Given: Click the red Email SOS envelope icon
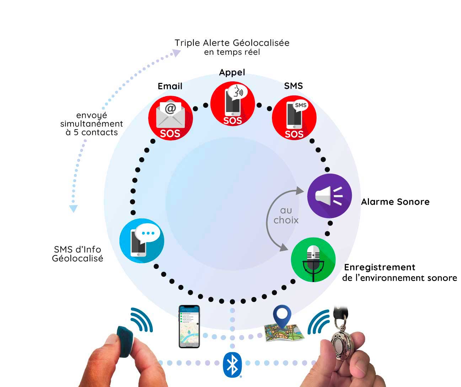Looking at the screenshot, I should [170, 118].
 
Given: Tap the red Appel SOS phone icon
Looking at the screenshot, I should [232, 104].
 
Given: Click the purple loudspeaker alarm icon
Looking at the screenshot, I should [329, 196].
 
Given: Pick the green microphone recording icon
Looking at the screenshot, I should [313, 260].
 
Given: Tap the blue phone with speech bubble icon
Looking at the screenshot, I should [142, 241].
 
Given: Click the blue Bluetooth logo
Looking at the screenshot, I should [232, 365].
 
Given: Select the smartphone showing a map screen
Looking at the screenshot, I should [189, 326].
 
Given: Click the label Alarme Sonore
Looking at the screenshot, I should [395, 202].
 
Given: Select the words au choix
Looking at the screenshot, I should [286, 216].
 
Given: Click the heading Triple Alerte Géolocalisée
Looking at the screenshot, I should [232, 43].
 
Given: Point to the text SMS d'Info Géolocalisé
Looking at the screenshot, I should [77, 254].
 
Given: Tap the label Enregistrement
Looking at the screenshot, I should [380, 267].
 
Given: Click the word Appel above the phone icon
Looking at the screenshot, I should [232, 73].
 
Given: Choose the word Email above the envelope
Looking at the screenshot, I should [170, 86].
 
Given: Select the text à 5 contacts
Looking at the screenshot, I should [92, 132].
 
